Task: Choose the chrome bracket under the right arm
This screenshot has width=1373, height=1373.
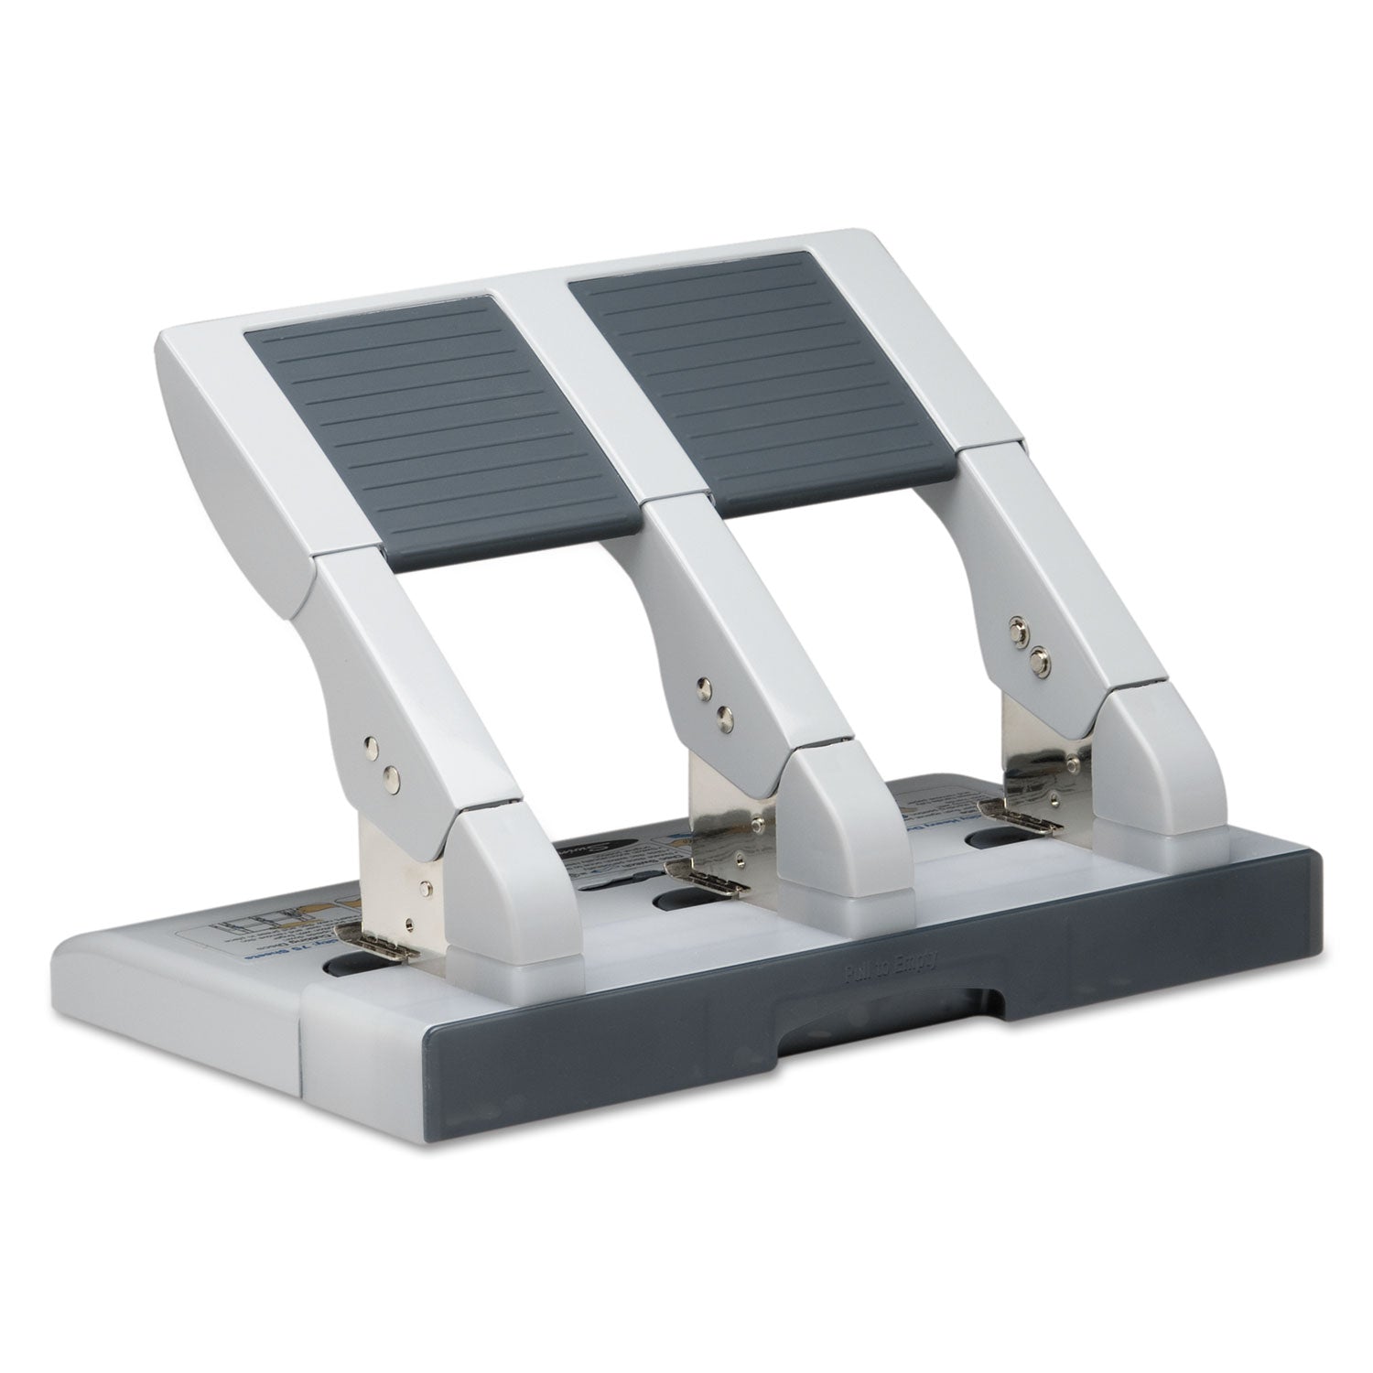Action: pyautogui.click(x=1034, y=751)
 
